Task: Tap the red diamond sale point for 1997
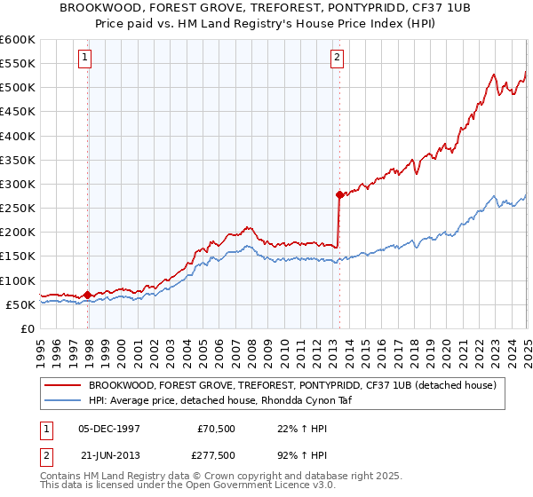click(x=88, y=295)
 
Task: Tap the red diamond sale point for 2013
click(x=339, y=194)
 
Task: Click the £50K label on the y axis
click(x=20, y=304)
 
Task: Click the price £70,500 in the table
click(x=217, y=429)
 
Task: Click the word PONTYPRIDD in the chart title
click(x=355, y=8)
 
